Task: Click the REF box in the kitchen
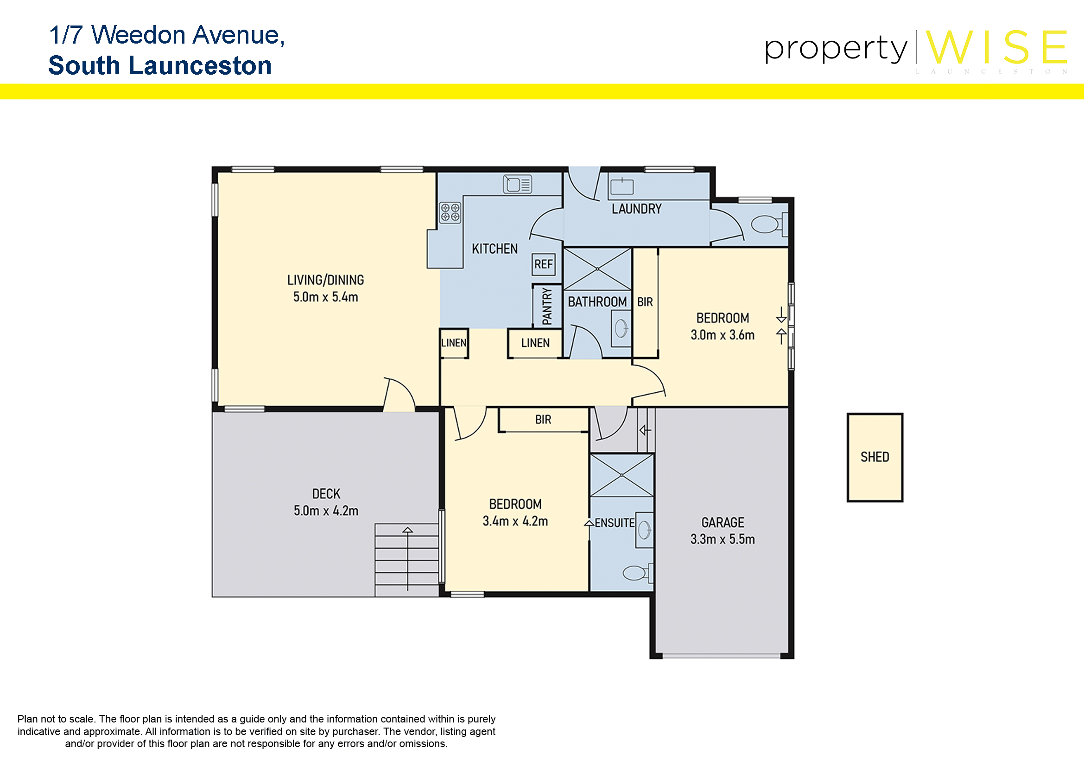[x=544, y=264]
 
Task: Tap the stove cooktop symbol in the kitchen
[x=450, y=212]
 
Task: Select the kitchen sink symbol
[x=518, y=184]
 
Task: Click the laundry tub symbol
[x=622, y=186]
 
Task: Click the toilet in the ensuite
[x=638, y=573]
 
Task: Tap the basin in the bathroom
[x=621, y=328]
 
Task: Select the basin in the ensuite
[x=645, y=530]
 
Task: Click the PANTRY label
[x=547, y=306]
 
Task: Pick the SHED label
[x=875, y=457]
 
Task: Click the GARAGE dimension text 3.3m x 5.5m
[x=723, y=539]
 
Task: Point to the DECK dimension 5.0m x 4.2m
[x=326, y=511]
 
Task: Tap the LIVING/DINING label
[x=326, y=280]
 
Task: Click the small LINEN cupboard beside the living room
[x=454, y=343]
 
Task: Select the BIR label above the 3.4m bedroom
[x=543, y=419]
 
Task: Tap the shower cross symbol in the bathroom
[x=597, y=269]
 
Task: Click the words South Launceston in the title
[x=160, y=65]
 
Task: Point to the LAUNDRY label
[x=636, y=209]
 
